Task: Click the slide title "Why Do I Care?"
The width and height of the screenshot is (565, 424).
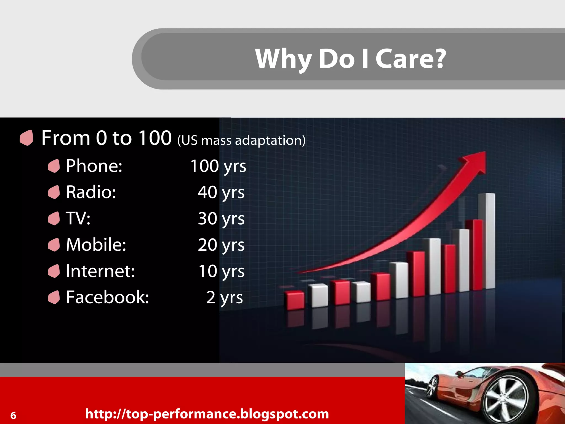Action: pos(350,59)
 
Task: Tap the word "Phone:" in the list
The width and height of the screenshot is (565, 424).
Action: pos(94,166)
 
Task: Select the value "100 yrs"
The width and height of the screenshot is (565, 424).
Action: pos(218,166)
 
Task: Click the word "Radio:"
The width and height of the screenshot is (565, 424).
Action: pos(91,192)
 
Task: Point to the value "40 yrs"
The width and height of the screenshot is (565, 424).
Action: pos(221,192)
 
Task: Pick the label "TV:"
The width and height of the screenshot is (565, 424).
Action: pos(78,218)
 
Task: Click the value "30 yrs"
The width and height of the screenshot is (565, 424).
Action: pos(221,219)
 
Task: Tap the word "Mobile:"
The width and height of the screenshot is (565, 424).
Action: pos(96,245)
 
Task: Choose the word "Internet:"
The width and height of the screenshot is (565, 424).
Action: pos(100,271)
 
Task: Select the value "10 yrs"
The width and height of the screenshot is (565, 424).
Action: pos(221,271)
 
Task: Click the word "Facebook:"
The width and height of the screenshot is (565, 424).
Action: pos(107,297)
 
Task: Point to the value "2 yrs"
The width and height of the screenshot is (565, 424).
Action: pos(224,298)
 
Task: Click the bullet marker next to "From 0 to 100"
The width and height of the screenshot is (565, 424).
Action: pos(26,137)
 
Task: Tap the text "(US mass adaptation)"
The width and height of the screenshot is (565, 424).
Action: pos(241,140)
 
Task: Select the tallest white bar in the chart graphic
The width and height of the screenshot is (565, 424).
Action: pos(487,240)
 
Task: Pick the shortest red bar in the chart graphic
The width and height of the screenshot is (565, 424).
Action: pos(295,300)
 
